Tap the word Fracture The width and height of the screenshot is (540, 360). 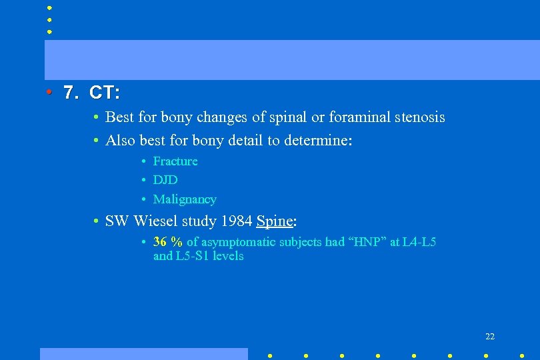click(175, 161)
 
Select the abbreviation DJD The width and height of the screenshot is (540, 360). click(165, 180)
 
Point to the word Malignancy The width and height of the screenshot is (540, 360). click(185, 199)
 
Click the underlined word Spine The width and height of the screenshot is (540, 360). click(274, 221)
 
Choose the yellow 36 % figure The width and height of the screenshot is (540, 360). click(168, 242)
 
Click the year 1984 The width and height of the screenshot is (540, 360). click(233, 221)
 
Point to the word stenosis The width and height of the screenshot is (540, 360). click(420, 117)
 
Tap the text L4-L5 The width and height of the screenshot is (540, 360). click(419, 242)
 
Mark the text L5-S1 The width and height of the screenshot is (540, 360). click(191, 256)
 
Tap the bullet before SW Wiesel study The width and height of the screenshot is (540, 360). click(97, 221)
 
